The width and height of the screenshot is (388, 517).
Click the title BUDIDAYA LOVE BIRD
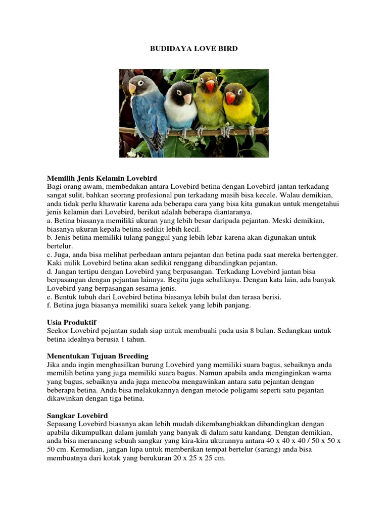click(194, 49)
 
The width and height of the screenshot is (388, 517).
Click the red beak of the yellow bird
click(230, 97)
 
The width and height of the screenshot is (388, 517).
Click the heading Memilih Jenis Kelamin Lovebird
click(102, 178)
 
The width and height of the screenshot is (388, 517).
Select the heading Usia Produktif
click(71, 322)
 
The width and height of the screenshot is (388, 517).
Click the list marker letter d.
click(49, 272)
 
